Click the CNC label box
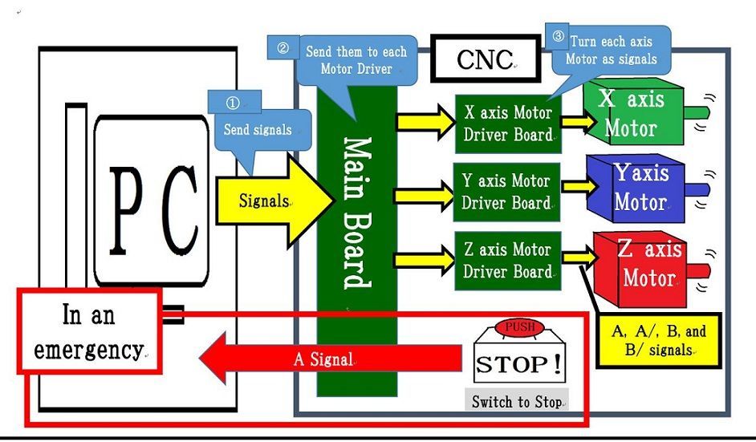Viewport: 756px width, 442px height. coord(486,59)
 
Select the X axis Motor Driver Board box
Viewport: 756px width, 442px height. coord(508,124)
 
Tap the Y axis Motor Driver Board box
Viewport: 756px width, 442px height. coord(506,192)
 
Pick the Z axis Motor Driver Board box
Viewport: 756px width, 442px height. coord(508,261)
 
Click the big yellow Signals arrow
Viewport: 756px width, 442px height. coord(274,201)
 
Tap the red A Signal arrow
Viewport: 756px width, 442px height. coord(331,358)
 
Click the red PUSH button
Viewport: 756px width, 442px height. coord(518,328)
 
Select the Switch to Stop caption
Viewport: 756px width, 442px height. coord(517,401)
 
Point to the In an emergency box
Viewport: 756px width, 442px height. coord(89,331)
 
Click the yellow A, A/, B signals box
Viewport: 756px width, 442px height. coord(659,340)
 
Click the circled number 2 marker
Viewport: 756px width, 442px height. coord(283,48)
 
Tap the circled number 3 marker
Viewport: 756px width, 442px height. coord(558,37)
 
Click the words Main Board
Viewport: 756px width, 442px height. coord(357,213)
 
